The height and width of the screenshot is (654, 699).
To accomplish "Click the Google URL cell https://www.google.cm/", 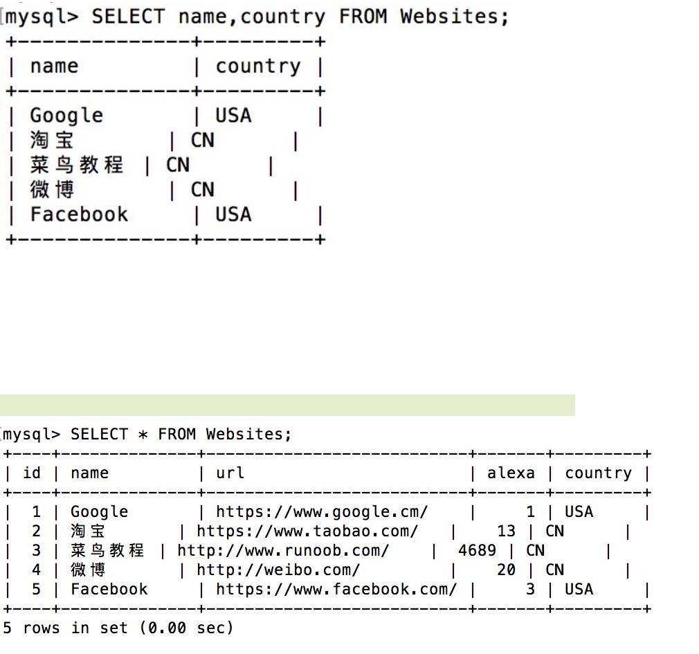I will coord(322,512).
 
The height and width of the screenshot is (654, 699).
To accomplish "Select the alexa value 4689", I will coord(477,551).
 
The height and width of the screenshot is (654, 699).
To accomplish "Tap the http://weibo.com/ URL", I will coord(278,570).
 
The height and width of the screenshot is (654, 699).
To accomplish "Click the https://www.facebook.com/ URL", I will coord(336,590).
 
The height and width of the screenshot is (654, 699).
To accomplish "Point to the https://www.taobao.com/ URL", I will coord(307,532).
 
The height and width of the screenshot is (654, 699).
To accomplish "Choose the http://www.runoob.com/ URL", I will coord(283,551).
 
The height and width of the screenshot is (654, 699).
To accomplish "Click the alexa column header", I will coord(511,473).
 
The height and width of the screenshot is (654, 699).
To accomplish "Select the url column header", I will coord(230,473).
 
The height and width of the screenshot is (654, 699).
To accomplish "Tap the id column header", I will coord(32,473).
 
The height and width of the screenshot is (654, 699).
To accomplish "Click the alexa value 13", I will coord(506,532).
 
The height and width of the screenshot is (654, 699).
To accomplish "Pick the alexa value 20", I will coord(506,570).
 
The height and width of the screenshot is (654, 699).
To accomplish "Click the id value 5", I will coord(36,590).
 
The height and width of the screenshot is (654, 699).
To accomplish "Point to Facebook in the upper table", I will coord(79,215).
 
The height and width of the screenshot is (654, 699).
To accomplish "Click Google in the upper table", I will coord(66,116).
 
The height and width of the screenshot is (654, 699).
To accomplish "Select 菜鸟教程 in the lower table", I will coord(107,551).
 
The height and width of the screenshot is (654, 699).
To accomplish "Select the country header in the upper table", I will coord(258,66).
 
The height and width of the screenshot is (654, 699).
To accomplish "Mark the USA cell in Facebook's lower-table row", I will coord(579,590).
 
